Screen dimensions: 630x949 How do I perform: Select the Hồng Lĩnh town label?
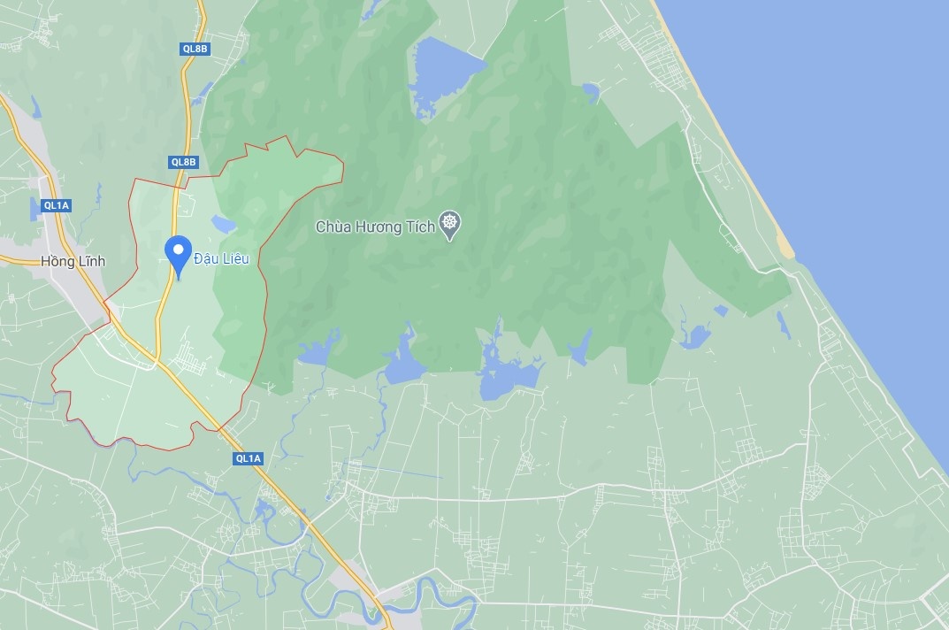tap(73, 261)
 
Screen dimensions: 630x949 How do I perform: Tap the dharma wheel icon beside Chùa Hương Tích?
tap(450, 226)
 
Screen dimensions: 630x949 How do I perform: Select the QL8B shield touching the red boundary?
tap(184, 162)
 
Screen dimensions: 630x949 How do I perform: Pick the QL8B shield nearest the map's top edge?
tap(195, 49)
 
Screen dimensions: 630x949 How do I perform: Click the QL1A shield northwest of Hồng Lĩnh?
tap(56, 205)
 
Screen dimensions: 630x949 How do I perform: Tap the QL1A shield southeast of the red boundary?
tap(249, 458)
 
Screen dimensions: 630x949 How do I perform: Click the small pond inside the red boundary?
tap(223, 224)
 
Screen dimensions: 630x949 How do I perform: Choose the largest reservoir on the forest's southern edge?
tap(509, 376)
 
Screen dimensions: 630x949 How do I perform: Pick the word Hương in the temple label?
tap(381, 227)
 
